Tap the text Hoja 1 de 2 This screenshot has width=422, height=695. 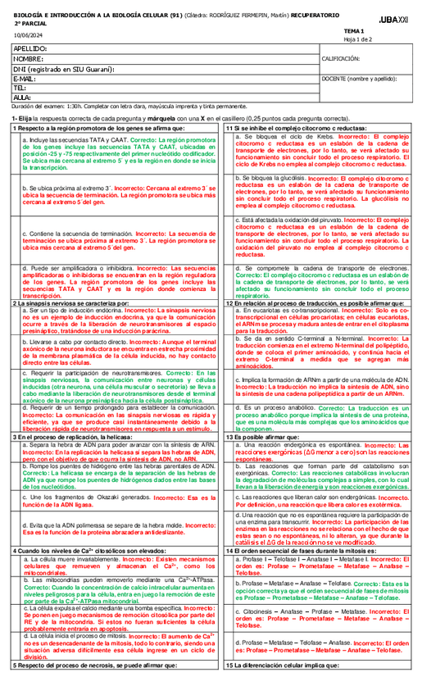(356, 38)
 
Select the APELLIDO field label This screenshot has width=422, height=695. (31, 50)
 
